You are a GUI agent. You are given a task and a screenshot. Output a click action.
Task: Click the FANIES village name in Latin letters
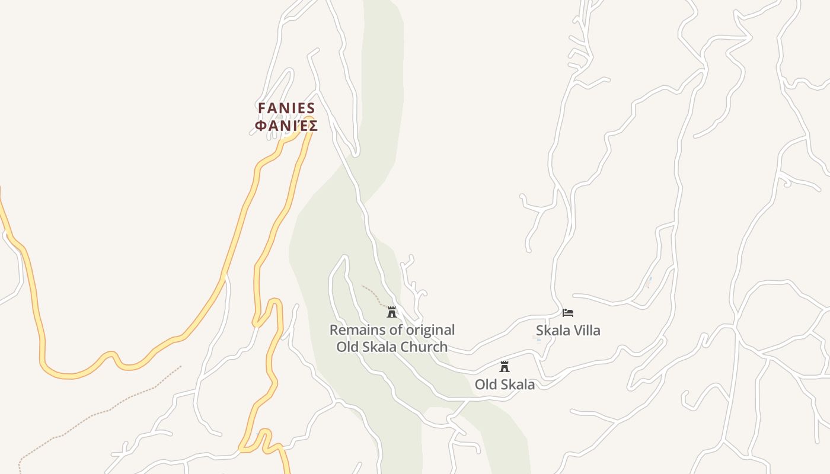click(x=286, y=108)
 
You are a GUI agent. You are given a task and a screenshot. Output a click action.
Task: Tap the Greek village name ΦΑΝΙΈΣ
click(x=286, y=126)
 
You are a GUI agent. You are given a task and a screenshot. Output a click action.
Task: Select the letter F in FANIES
click(x=261, y=108)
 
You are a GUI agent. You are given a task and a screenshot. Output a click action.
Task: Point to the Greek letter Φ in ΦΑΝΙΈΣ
click(x=260, y=126)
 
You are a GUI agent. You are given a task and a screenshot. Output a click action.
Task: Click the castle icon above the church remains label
click(x=391, y=312)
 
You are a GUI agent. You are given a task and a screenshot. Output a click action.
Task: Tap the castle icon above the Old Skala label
click(x=505, y=366)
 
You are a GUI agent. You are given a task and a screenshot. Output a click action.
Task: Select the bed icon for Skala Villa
click(x=568, y=312)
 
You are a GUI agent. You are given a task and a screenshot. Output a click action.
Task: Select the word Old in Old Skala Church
click(x=348, y=347)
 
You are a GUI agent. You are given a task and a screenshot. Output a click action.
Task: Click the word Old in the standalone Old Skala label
click(x=486, y=385)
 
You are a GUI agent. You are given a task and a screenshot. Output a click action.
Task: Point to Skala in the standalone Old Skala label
click(x=518, y=385)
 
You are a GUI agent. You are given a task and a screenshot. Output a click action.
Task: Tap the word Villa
click(x=585, y=331)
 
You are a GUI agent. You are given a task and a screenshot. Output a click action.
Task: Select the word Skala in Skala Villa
click(x=551, y=331)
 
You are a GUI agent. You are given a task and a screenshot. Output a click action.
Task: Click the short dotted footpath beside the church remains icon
click(x=372, y=293)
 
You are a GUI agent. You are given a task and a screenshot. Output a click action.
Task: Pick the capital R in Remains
click(x=334, y=330)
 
